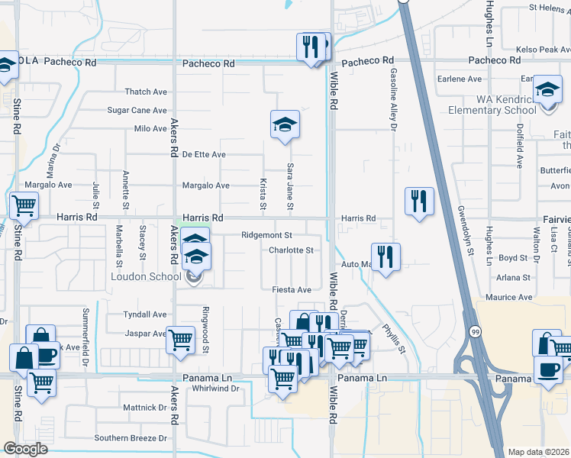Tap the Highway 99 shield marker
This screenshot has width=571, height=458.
[476, 332]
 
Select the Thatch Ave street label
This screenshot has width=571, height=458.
[146, 92]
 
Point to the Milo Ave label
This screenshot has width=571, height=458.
[150, 129]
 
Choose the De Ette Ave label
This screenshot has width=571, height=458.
[204, 154]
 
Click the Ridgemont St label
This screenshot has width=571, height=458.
[266, 235]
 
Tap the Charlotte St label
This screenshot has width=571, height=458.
[291, 250]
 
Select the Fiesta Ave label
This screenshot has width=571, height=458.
[292, 290]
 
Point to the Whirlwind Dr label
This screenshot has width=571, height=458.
[216, 388]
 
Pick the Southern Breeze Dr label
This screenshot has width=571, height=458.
[130, 438]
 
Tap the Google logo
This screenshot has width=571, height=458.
[26, 448]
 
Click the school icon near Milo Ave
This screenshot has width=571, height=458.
[285, 124]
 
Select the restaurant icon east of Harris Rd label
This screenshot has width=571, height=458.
[418, 201]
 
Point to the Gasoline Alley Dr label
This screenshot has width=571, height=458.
[394, 100]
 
